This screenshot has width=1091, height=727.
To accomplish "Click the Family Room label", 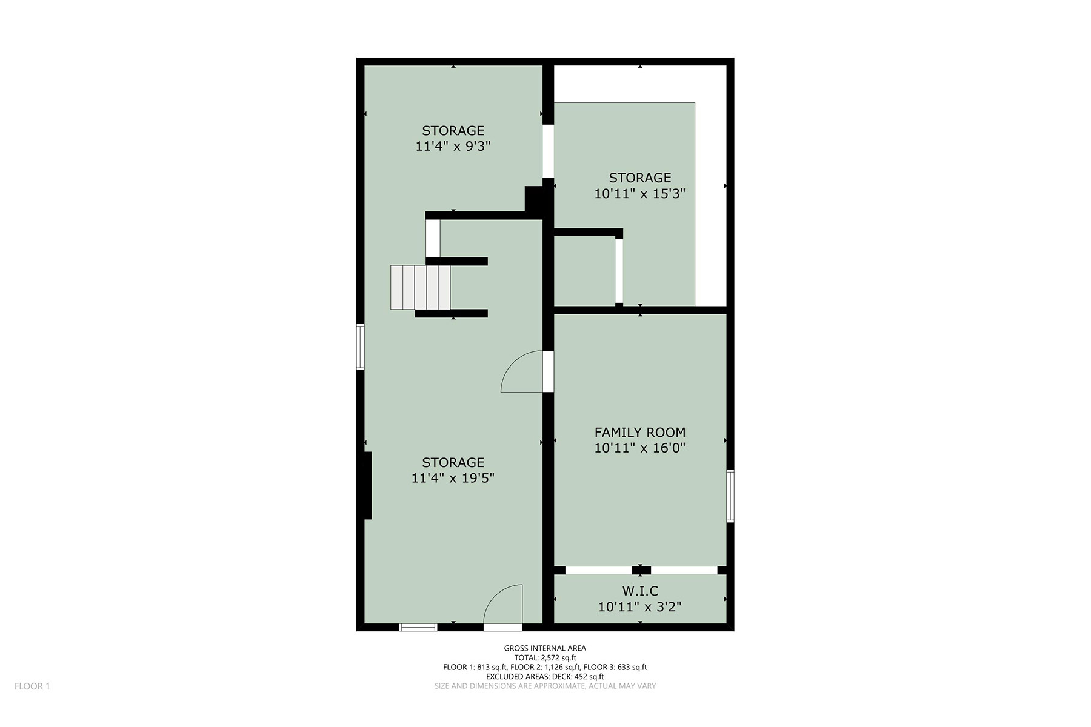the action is [640, 433].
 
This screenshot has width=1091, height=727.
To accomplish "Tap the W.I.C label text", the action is [640, 591].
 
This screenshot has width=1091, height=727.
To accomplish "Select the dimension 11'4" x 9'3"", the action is [453, 146].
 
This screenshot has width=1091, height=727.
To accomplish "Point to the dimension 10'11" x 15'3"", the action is [640, 193].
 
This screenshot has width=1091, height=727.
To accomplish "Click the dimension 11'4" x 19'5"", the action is [453, 478].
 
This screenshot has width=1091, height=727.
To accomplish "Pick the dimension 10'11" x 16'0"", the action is [640, 448].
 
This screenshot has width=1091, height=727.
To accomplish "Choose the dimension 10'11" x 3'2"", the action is [640, 606].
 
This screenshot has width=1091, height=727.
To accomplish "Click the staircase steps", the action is [421, 287].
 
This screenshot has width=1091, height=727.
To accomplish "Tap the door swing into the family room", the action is [522, 371].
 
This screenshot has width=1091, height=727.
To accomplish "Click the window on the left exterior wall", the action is [360, 347].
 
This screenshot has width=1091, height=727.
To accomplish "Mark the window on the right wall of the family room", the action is [730, 496].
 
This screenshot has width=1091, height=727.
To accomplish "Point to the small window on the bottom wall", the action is [418, 628].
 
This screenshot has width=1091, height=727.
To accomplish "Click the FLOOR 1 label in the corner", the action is [32, 686].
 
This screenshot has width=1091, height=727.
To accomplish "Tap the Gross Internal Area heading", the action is [545, 648].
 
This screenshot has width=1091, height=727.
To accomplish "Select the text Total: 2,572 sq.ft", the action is [545, 658].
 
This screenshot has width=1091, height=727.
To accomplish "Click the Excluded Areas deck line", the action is [545, 677].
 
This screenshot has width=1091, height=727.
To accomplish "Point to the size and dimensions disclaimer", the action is [545, 686].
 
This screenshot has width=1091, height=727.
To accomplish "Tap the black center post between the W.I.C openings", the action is [641, 570].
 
